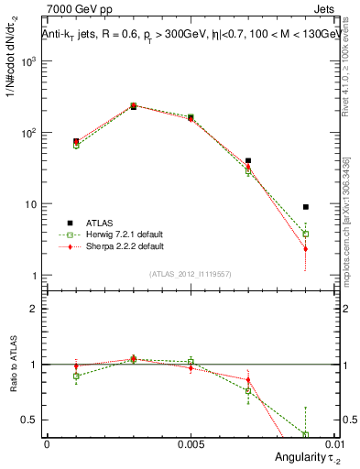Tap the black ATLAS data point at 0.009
[305, 207]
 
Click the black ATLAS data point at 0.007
[248, 160]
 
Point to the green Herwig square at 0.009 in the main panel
[305, 234]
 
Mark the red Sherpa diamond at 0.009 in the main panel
[305, 248]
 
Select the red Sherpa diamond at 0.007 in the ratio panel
[248, 379]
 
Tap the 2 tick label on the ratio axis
[34, 309]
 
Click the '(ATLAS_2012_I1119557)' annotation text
[190, 274]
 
